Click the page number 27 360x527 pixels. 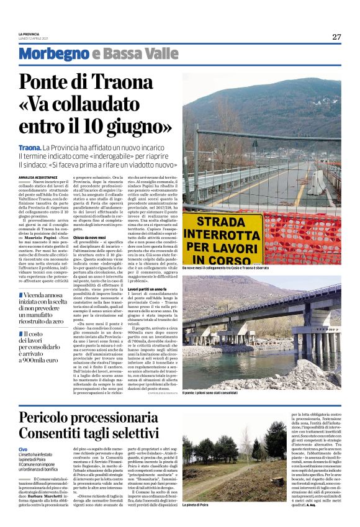pyautogui.click(x=336, y=37)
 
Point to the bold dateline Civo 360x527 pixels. pyautogui.click(x=23, y=449)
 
